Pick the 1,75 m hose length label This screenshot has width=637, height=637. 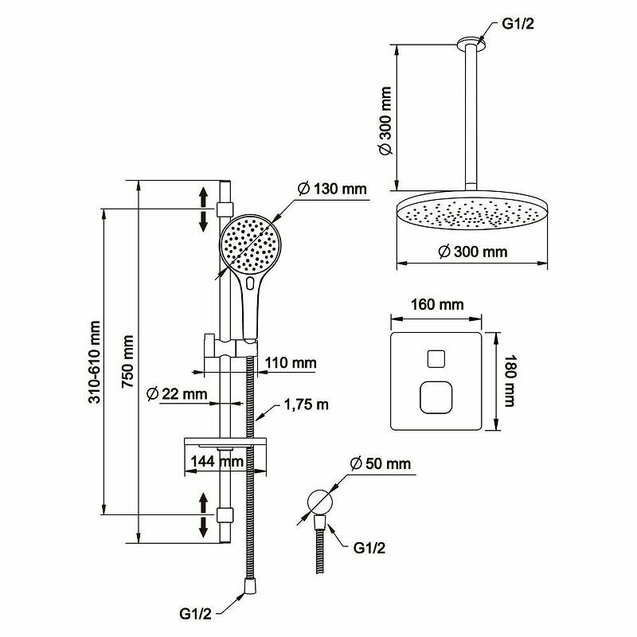[x=307, y=405]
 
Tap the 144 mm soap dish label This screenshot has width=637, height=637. [x=216, y=461]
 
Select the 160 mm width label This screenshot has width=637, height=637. [x=436, y=305]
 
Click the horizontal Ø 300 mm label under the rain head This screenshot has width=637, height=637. [x=473, y=252]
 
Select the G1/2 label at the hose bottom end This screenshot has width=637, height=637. [x=195, y=614]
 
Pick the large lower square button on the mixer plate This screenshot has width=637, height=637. [x=436, y=397]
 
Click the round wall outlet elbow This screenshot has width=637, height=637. [x=319, y=502]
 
